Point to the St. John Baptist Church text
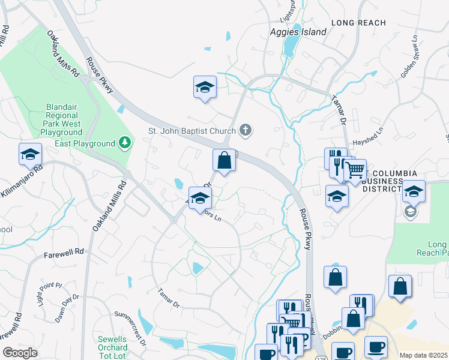191,130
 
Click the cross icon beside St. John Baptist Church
245,129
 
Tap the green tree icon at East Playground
124,143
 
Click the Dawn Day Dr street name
67,308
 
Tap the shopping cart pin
355,170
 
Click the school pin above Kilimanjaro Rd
30,155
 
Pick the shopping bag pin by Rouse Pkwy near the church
224,161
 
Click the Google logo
20,353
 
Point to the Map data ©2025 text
424,355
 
